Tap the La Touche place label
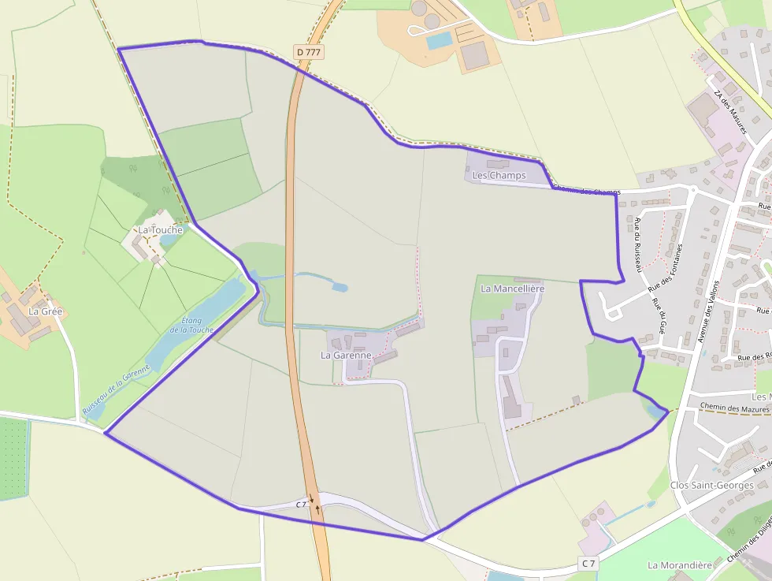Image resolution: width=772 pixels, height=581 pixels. tap(160, 230)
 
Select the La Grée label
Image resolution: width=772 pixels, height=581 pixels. tap(45, 311)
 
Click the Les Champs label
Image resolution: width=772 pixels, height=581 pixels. tap(499, 175)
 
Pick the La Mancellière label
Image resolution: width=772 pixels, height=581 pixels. tap(512, 289)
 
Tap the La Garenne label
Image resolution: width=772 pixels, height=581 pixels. tap(345, 356)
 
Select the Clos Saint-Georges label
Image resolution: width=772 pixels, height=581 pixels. tap(711, 485)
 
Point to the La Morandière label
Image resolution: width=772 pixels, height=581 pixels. tap(680, 565)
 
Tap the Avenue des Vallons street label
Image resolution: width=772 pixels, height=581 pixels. tap(708, 312)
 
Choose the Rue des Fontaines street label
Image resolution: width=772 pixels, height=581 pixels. tap(665, 269)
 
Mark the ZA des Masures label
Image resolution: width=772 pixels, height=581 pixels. tap(729, 111)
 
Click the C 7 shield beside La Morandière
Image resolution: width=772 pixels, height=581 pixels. tap(588, 563)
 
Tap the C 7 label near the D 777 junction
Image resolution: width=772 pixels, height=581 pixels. tap(301, 504)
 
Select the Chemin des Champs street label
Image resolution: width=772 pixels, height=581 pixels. tap(587, 191)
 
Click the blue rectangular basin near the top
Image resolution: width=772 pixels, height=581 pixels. tap(439, 40)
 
